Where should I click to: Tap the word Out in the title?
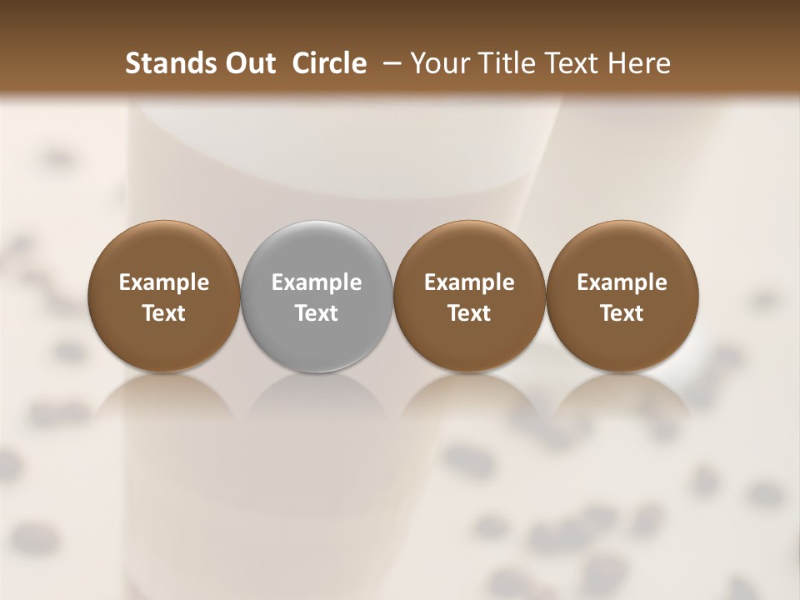[247, 63]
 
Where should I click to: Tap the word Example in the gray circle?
[317, 282]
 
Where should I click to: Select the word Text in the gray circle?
[317, 313]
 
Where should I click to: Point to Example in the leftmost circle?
[164, 282]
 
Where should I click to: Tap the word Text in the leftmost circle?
[164, 313]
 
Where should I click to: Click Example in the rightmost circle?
[622, 282]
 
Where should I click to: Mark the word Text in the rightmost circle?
[622, 313]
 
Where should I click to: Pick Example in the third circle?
[469, 282]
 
